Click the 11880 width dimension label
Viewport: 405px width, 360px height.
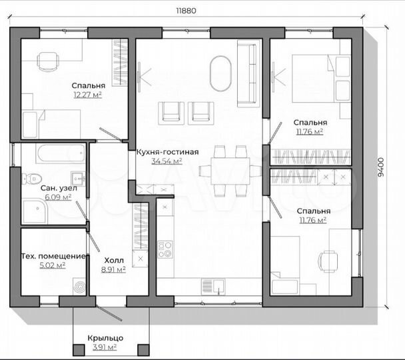pyautogui.click(x=187, y=11)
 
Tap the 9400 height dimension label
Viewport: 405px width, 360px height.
pyautogui.click(x=381, y=167)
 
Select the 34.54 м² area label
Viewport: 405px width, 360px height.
pyautogui.click(x=167, y=161)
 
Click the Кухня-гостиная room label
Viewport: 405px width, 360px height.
pyautogui.click(x=167, y=152)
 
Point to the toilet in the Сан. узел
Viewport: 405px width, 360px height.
pyautogui.click(x=31, y=178)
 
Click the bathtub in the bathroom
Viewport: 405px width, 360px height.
pyautogui.click(x=61, y=153)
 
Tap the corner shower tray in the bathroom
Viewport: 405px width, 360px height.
pyautogui.click(x=35, y=211)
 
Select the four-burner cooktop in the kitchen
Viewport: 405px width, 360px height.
pyautogui.click(x=165, y=249)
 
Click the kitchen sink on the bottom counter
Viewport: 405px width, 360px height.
pyautogui.click(x=213, y=287)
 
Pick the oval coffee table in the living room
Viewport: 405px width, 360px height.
pyautogui.click(x=220, y=73)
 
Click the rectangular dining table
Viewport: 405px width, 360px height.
pyautogui.click(x=230, y=171)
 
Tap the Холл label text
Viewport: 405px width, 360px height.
pyautogui.click(x=114, y=260)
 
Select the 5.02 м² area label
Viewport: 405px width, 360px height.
pyautogui.click(x=53, y=265)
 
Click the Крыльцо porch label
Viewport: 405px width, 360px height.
pyautogui.click(x=105, y=338)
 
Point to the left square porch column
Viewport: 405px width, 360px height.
pyautogui.click(x=79, y=350)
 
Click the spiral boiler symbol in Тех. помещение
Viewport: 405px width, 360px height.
pyautogui.click(x=79, y=287)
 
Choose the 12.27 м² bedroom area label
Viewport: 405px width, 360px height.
pyautogui.click(x=87, y=95)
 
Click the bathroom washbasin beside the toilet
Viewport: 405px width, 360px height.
pyautogui.click(x=78, y=178)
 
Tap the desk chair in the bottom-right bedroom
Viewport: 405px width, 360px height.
pyautogui.click(x=328, y=261)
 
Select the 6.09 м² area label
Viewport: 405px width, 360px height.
pyautogui.click(x=58, y=197)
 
